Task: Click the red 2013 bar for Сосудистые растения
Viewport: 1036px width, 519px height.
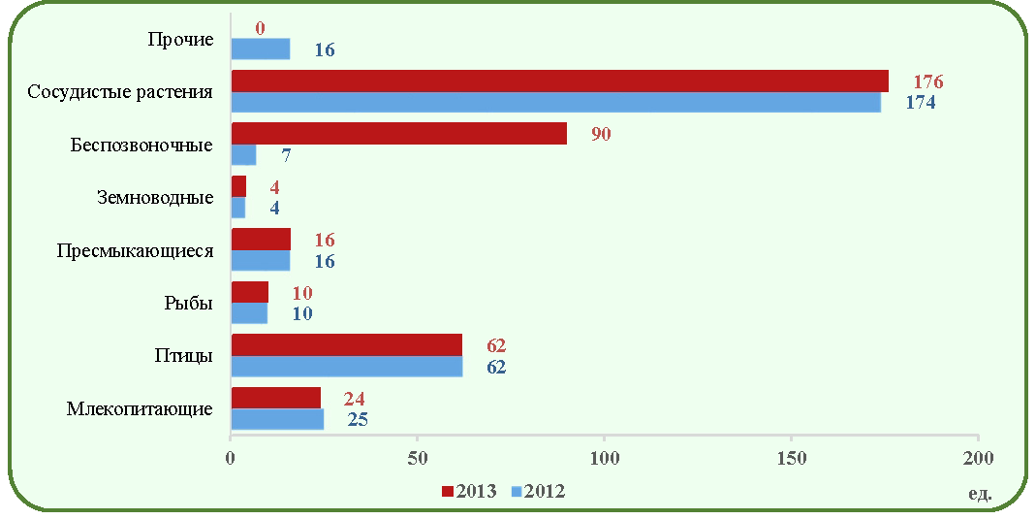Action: pyautogui.click(x=559, y=81)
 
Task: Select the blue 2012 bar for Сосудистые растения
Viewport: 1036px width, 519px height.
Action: pyautogui.click(x=555, y=102)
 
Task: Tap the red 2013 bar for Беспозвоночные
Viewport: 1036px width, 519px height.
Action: pyautogui.click(x=399, y=134)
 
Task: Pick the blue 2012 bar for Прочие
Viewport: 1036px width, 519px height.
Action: pyautogui.click(x=261, y=49)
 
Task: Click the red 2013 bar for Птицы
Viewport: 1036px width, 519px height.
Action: pyautogui.click(x=347, y=345)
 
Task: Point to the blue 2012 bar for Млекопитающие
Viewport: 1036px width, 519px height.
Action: pyautogui.click(x=277, y=419)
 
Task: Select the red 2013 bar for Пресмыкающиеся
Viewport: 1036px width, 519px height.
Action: pyautogui.click(x=261, y=240)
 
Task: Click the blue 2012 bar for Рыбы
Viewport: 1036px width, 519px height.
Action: pyautogui.click(x=249, y=313)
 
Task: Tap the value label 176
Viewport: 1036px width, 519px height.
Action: pyautogui.click(x=928, y=82)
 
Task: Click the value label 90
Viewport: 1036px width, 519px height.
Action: pyautogui.click(x=601, y=134)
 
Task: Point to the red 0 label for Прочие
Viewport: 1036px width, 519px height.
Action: pyautogui.click(x=260, y=28)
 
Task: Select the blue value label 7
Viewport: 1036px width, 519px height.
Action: pyautogui.click(x=286, y=155)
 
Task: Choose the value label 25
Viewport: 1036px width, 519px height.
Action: pyautogui.click(x=358, y=420)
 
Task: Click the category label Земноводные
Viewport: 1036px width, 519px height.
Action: pyautogui.click(x=155, y=198)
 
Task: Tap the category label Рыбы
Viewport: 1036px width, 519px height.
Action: pyautogui.click(x=188, y=304)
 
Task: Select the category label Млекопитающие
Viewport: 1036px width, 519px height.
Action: pyautogui.click(x=140, y=408)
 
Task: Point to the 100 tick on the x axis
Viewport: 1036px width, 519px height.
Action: pyautogui.click(x=605, y=458)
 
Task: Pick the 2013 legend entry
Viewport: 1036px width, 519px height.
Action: pyautogui.click(x=469, y=491)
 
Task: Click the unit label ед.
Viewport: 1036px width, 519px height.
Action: pyautogui.click(x=980, y=493)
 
